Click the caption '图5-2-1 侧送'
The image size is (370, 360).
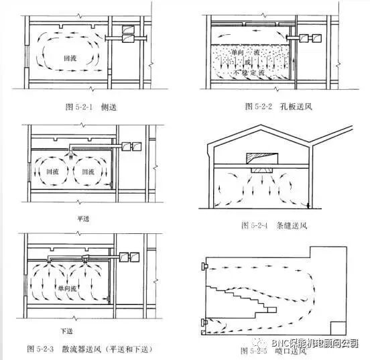point(86,106)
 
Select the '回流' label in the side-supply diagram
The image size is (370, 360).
point(67,58)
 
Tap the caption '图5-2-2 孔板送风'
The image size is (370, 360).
point(270,106)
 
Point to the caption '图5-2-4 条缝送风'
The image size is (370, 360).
point(268,225)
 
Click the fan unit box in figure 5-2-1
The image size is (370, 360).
point(127,30)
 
